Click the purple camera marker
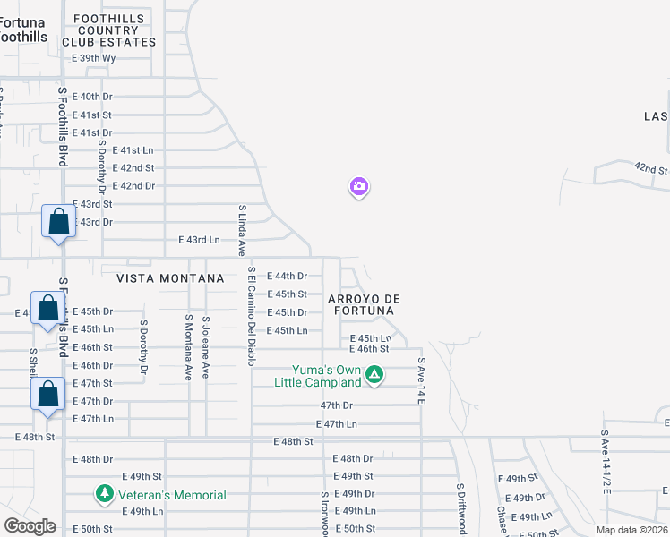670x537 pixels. (x=358, y=187)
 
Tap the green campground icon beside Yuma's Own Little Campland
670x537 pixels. (x=375, y=376)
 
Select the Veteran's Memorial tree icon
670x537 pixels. (x=105, y=494)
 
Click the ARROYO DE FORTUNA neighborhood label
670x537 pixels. (x=363, y=304)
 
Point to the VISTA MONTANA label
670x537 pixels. (x=158, y=278)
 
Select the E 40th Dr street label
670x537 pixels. (x=91, y=97)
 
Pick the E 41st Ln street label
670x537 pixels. (x=133, y=150)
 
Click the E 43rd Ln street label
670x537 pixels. (x=199, y=240)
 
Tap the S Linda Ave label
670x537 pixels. (x=242, y=230)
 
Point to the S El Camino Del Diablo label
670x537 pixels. (x=252, y=316)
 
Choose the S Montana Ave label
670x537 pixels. (x=189, y=347)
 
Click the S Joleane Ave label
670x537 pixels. (x=206, y=347)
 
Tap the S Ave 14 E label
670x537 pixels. (x=421, y=380)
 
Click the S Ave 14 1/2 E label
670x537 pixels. (x=606, y=462)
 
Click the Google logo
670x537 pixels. (x=30, y=526)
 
